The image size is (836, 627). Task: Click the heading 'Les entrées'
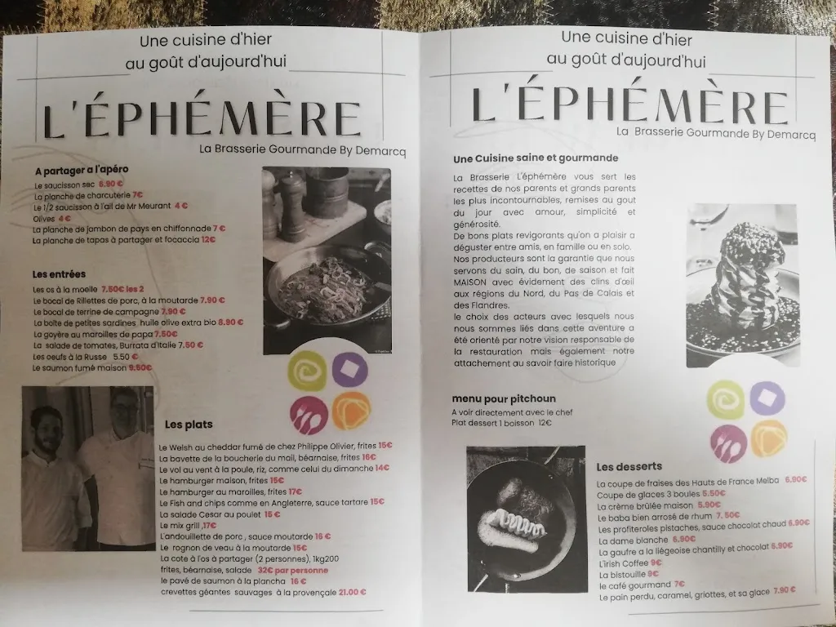tap(59, 274)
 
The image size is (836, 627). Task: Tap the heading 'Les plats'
tap(188, 425)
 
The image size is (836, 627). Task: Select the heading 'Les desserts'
tap(629, 467)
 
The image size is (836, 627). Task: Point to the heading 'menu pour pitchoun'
tap(504, 399)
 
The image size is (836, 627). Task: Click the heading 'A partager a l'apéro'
tap(82, 171)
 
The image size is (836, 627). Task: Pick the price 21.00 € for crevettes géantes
tap(352, 593)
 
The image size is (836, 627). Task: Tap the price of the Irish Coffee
tap(656, 563)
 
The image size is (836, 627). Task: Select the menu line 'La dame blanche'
tap(632, 540)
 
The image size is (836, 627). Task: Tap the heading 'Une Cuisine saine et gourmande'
tap(536, 158)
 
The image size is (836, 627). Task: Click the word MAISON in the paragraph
tap(470, 282)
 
